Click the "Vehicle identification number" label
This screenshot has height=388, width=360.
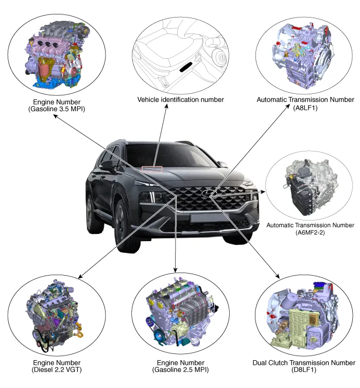click(x=180, y=99)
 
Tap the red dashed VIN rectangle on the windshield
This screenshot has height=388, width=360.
click(x=152, y=168)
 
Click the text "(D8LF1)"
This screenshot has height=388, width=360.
click(x=304, y=370)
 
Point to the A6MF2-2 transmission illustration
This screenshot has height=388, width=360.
click(x=308, y=187)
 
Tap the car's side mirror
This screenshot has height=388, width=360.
click(x=108, y=165)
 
